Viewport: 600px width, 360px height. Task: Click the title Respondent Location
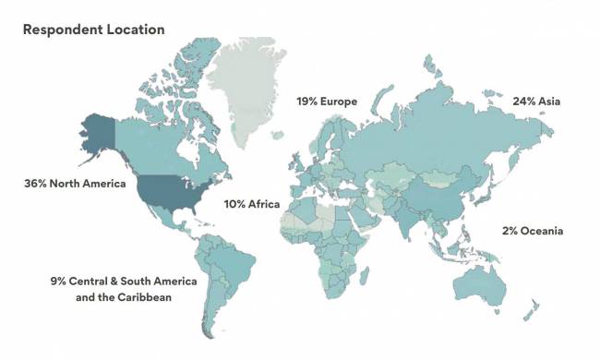point(94,30)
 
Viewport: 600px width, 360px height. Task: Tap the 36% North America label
point(75,184)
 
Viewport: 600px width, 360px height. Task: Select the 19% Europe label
point(326,102)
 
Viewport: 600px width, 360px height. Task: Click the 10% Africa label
point(252,205)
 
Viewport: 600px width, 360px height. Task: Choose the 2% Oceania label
point(533,230)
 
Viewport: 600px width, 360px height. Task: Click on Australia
point(481,281)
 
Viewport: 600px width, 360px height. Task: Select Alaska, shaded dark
point(98,138)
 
